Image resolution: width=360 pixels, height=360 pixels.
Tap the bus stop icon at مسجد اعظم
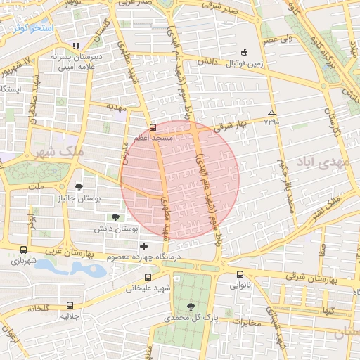click(x=153, y=127)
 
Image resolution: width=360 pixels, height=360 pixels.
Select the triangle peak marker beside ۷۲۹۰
click(x=272, y=112)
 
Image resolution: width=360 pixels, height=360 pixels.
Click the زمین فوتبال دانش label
click(x=243, y=63)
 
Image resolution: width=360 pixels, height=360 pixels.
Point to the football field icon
click(x=244, y=52)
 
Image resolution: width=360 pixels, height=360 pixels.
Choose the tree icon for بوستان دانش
click(x=115, y=217)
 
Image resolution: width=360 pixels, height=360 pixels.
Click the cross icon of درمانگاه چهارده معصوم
click(x=144, y=246)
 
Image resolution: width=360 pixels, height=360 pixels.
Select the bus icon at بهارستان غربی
click(x=24, y=250)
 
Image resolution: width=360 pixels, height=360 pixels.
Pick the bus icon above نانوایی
click(x=240, y=275)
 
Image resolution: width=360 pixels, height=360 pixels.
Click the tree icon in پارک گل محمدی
click(x=191, y=306)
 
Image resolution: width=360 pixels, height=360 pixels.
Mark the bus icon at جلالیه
click(x=69, y=305)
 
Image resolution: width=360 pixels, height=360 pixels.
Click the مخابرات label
click(x=246, y=323)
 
